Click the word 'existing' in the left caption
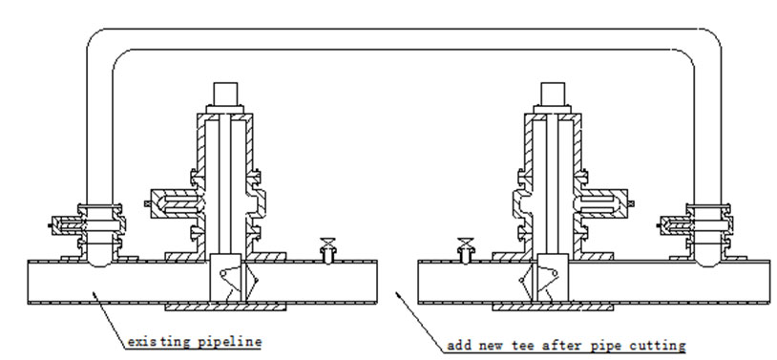coord(153,339)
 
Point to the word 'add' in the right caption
coord(460,343)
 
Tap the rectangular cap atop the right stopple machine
coord(556,94)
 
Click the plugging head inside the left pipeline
coord(229,279)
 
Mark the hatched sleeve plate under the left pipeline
coord(225,308)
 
